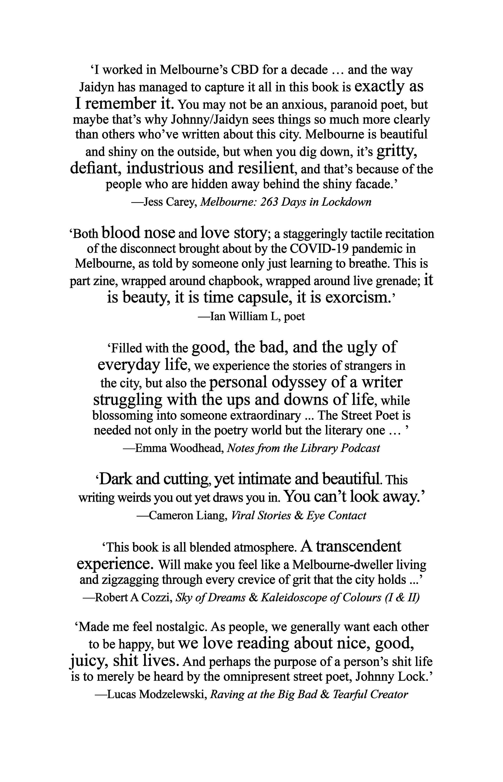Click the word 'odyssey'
299,382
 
